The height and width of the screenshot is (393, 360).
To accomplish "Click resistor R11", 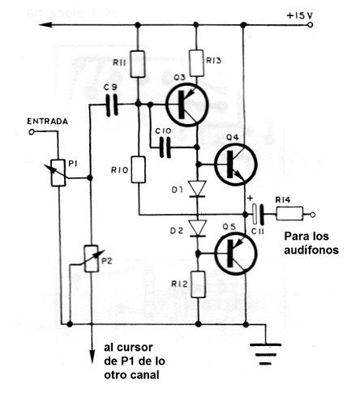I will point(139,62).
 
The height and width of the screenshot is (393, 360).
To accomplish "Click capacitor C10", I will point(166,148).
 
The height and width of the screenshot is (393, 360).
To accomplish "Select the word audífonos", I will point(309,250).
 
